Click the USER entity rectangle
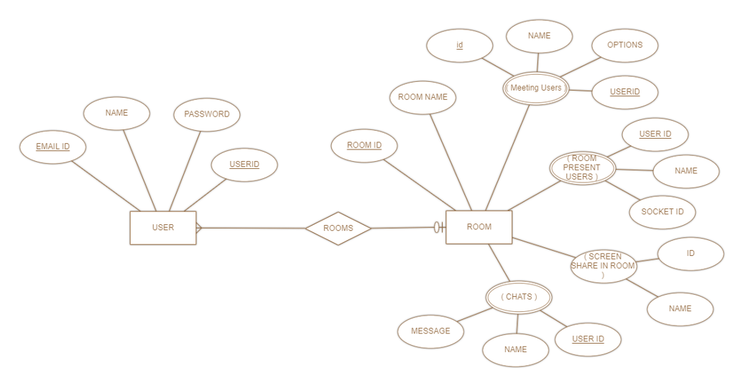[163, 228]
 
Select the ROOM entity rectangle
[479, 227]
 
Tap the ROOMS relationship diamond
[338, 229]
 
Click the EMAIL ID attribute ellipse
[53, 147]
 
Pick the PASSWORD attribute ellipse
[207, 114]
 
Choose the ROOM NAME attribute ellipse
[423, 98]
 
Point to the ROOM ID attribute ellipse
[364, 146]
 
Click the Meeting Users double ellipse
[535, 88]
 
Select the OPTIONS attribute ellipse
[624, 45]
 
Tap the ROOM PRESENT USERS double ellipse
[582, 168]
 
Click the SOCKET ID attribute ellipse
[663, 212]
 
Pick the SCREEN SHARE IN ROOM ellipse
[604, 266]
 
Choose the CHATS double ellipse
[519, 297]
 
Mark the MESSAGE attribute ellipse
[430, 331]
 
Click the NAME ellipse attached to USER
[116, 114]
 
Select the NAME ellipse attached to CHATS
[515, 350]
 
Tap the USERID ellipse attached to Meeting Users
[625, 93]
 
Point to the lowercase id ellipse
[459, 46]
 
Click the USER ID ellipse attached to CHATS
[588, 339]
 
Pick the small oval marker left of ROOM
[436, 228]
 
